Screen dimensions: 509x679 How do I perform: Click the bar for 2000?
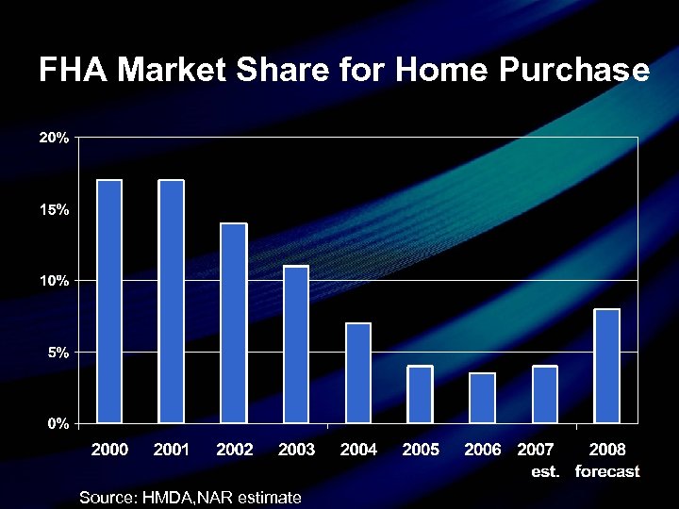pyautogui.click(x=109, y=301)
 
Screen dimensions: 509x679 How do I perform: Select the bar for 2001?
pyautogui.click(x=171, y=301)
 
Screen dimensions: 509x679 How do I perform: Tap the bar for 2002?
pyautogui.click(x=233, y=322)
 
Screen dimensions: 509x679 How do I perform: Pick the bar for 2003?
pyautogui.click(x=295, y=344)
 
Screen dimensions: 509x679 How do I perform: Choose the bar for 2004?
pyautogui.click(x=357, y=372)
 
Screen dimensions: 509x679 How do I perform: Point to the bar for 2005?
pyautogui.click(x=420, y=394)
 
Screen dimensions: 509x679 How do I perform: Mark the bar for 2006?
pyautogui.click(x=482, y=398)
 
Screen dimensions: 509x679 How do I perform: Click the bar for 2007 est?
pyautogui.click(x=544, y=394)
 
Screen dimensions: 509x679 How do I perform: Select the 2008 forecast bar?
pyautogui.click(x=606, y=366)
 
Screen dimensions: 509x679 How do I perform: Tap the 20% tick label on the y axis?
pyautogui.click(x=53, y=138)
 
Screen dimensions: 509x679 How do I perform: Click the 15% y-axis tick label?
pyautogui.click(x=53, y=209)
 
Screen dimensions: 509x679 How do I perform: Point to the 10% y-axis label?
pyautogui.click(x=53, y=281)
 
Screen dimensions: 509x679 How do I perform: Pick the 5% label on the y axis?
pyautogui.click(x=57, y=352)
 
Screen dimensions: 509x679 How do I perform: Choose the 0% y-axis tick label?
pyautogui.click(x=57, y=423)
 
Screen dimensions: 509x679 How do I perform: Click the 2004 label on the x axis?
pyautogui.click(x=358, y=450)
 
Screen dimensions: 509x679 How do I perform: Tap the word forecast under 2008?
pyautogui.click(x=607, y=471)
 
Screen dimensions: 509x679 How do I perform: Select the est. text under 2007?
pyautogui.click(x=545, y=471)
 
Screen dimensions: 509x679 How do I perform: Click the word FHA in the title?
pyautogui.click(x=74, y=71)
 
